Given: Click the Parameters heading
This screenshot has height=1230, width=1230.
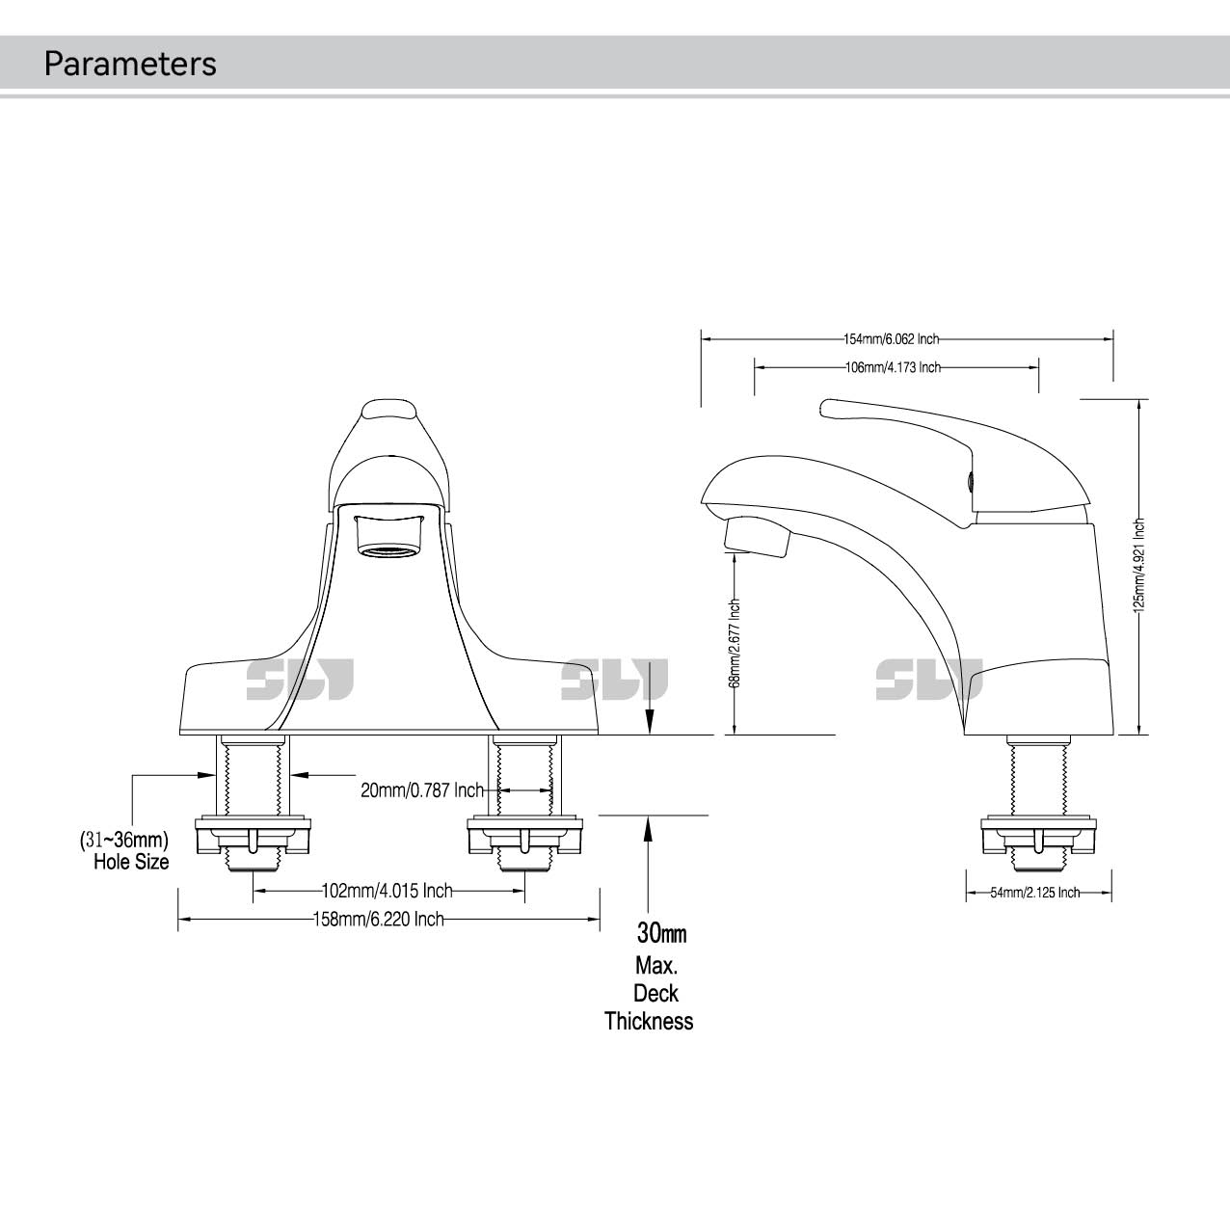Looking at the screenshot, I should click(x=130, y=64).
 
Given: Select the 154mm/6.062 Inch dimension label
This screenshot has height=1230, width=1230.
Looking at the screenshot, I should click(x=891, y=339).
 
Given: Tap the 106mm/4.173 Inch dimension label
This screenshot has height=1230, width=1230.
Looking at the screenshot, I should click(x=893, y=368).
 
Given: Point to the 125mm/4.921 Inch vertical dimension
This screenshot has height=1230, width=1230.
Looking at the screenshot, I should click(x=1138, y=567).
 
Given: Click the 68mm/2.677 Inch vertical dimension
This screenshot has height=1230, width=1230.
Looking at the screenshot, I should click(x=735, y=643).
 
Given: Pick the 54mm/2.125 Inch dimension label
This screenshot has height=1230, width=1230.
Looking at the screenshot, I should click(x=1035, y=894).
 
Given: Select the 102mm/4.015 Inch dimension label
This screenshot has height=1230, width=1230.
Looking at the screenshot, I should click(x=387, y=890).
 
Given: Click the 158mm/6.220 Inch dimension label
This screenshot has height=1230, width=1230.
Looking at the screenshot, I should click(x=379, y=920).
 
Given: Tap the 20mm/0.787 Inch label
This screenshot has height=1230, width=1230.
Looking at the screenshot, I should click(x=422, y=790).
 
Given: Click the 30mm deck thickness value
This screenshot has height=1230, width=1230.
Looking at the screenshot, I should click(x=661, y=933).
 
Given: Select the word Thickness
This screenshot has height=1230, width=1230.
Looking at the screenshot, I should click(x=649, y=1022).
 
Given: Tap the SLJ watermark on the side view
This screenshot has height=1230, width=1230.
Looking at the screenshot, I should click(x=929, y=680).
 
